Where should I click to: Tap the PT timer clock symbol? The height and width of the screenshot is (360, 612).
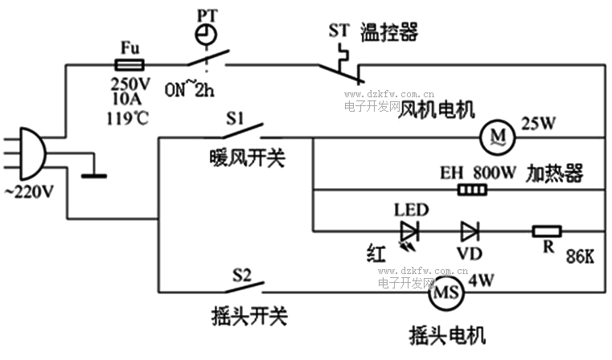pos(206,35)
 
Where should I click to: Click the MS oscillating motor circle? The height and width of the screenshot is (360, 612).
pos(446,293)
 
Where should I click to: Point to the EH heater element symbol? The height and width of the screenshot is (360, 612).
pos(472,190)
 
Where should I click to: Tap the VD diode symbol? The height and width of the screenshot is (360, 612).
pos(470,232)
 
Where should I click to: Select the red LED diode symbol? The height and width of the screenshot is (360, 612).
pos(411,232)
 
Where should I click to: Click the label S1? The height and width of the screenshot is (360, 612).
pos(235,119)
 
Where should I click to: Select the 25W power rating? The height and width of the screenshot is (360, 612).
pos(538,124)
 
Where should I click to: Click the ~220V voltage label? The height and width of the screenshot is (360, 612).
pos(30,193)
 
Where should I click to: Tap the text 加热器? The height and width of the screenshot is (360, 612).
pos(555,173)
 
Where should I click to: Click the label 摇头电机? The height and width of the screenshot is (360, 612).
pos(447,334)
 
